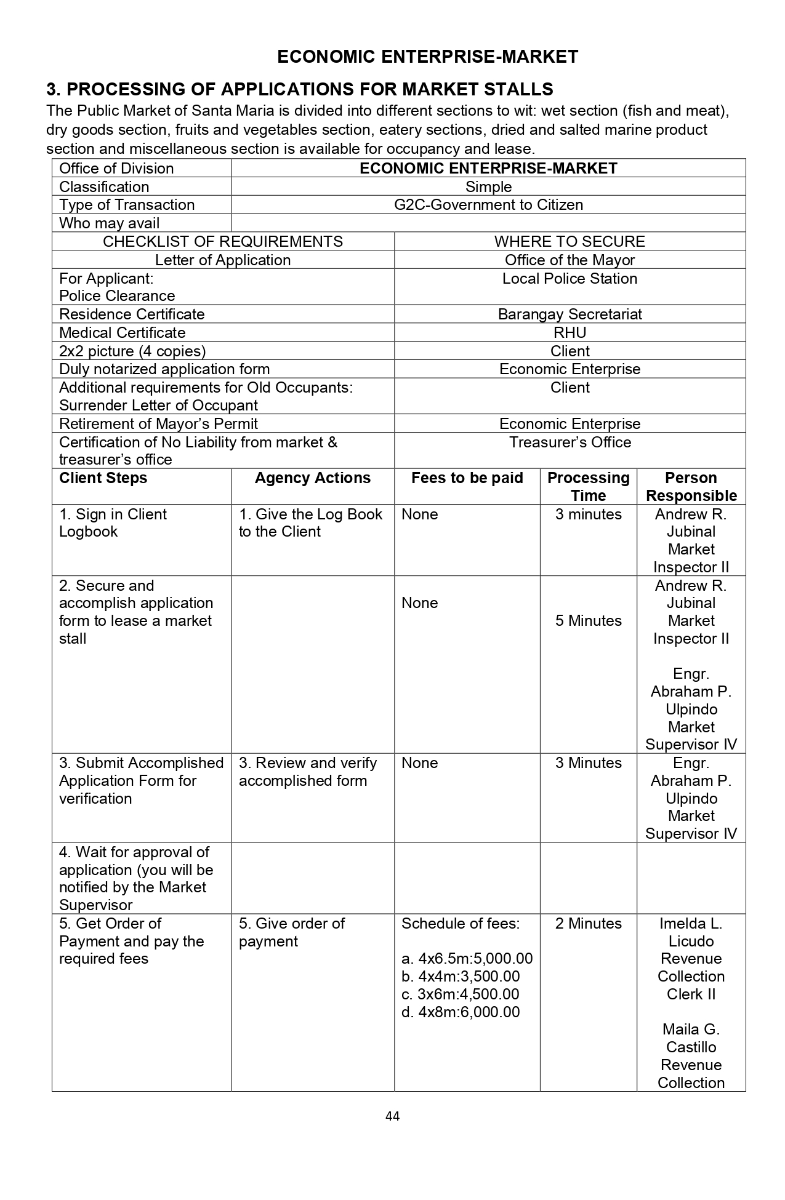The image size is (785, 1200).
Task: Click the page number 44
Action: pos(392,1116)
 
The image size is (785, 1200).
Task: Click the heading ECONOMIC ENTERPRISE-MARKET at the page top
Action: pos(427,57)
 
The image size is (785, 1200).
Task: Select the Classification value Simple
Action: pos(488,187)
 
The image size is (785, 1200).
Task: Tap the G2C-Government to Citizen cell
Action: pos(488,205)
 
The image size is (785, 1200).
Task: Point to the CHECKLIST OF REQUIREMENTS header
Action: pos(223,241)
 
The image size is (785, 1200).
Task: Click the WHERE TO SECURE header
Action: pos(570,241)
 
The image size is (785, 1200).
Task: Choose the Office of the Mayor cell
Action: pos(570,260)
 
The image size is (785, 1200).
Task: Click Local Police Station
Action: pos(570,279)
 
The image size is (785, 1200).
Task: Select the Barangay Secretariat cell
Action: pos(570,314)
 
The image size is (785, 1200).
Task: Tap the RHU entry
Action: pos(570,333)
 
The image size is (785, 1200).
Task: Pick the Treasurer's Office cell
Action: pos(570,442)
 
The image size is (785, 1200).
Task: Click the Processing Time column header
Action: pos(588,487)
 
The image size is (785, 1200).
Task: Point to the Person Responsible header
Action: pos(691,487)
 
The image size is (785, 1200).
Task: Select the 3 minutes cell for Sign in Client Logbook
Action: pos(588,514)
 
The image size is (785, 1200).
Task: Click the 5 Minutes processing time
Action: pos(588,621)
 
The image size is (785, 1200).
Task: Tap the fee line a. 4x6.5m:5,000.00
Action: pos(467,959)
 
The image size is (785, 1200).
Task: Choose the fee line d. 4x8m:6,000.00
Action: pos(461,1012)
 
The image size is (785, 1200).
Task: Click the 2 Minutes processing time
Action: pos(588,924)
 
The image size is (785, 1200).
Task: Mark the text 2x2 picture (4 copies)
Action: pos(132,351)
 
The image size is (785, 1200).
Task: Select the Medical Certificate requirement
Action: pos(122,333)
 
